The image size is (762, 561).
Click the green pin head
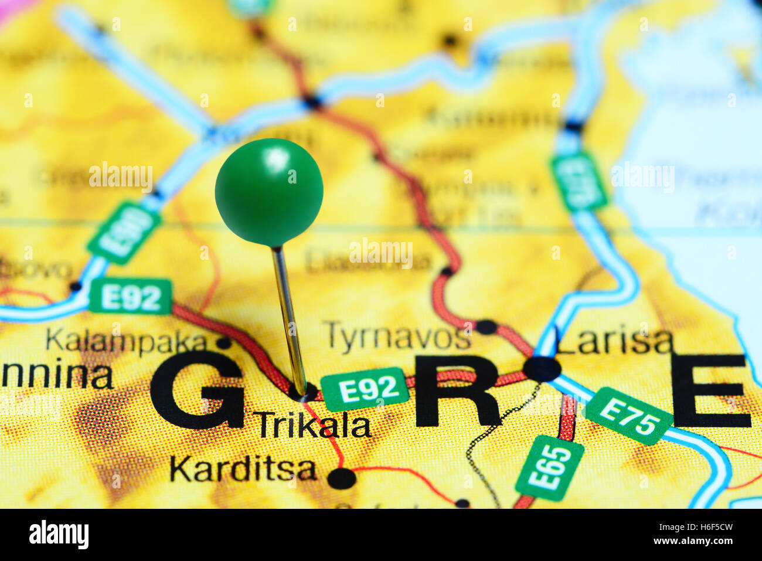tap(269, 192)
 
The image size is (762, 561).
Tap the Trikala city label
tap(314, 426)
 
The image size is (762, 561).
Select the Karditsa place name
tap(243, 469)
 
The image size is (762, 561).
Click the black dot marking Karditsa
tap(342, 478)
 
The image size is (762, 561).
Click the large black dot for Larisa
tap(542, 369)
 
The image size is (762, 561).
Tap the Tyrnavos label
tap(397, 336)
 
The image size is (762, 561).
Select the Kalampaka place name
tap(127, 341)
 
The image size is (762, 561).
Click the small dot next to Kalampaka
tap(223, 342)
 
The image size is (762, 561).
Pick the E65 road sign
tap(549, 468)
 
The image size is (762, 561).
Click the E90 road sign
tap(124, 232)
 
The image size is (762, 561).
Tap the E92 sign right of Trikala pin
tap(365, 389)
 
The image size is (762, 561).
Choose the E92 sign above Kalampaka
tap(131, 297)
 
